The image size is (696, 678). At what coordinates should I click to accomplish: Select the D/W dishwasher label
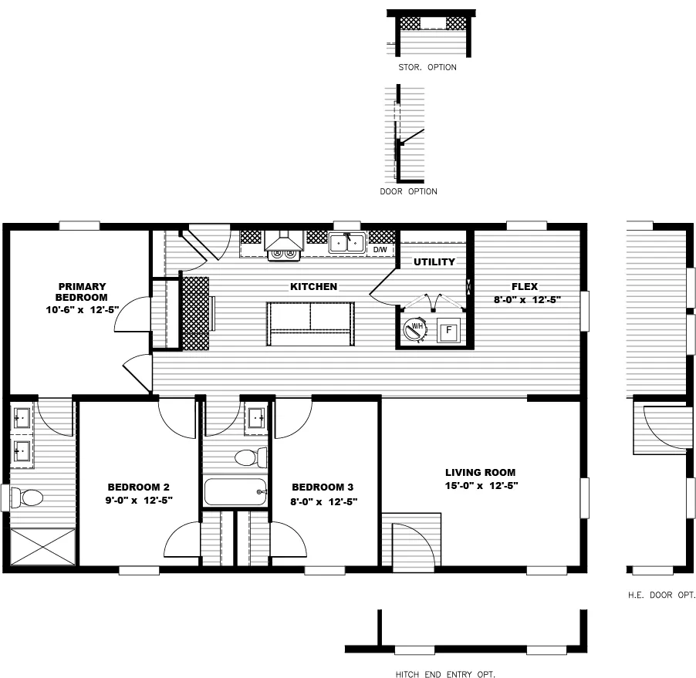click(x=380, y=250)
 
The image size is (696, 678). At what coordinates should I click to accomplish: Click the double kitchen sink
click(x=346, y=243)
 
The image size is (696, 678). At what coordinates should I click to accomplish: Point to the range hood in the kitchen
click(x=283, y=243)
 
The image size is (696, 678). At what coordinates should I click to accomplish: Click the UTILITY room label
click(x=434, y=262)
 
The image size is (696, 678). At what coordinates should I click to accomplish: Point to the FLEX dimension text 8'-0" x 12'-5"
click(x=527, y=300)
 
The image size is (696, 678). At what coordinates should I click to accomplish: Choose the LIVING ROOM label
click(x=480, y=472)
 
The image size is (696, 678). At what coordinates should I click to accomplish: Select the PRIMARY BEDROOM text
click(x=81, y=292)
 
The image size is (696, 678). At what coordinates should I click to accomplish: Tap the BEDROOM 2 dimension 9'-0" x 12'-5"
click(x=139, y=501)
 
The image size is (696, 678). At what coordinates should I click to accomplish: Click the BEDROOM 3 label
click(x=323, y=487)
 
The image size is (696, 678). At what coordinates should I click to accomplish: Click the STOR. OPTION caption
click(x=427, y=67)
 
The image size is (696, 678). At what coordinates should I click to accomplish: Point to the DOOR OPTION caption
click(x=408, y=191)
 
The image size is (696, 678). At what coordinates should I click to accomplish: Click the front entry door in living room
click(x=413, y=545)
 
